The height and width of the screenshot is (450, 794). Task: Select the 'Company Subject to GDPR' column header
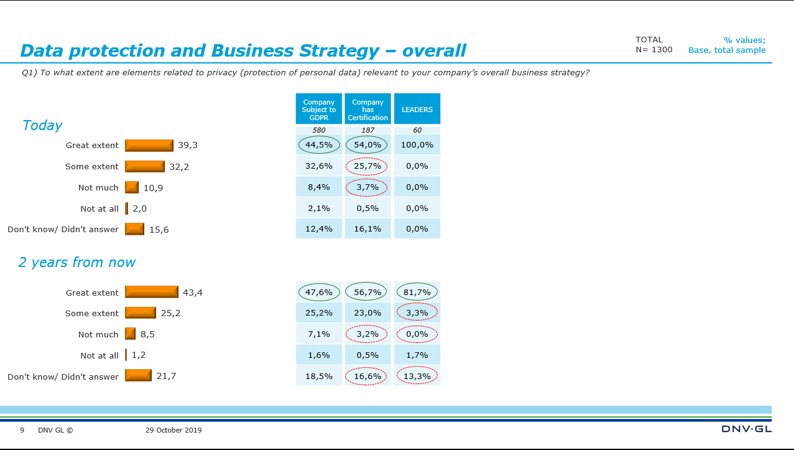(318, 110)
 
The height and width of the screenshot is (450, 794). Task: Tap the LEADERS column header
(417, 110)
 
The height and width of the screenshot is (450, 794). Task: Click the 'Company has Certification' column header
(367, 110)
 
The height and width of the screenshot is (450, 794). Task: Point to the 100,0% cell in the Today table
(417, 145)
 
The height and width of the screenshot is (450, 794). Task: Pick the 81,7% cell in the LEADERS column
(417, 292)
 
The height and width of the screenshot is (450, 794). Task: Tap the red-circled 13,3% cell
(417, 376)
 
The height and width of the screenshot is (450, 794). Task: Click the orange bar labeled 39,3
(149, 145)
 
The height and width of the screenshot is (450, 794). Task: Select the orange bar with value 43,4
(151, 292)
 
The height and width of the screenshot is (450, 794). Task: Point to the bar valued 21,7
(138, 376)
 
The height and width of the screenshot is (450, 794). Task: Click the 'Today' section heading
(42, 125)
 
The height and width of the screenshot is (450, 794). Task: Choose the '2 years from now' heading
(76, 262)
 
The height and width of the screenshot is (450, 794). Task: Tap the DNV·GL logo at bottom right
(746, 429)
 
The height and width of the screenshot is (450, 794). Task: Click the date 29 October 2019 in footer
(173, 430)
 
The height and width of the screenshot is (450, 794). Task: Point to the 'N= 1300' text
(653, 50)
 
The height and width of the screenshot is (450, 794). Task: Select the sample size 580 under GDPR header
(318, 130)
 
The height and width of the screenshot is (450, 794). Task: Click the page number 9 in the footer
(22, 430)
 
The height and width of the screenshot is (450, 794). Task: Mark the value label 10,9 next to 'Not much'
(153, 187)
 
